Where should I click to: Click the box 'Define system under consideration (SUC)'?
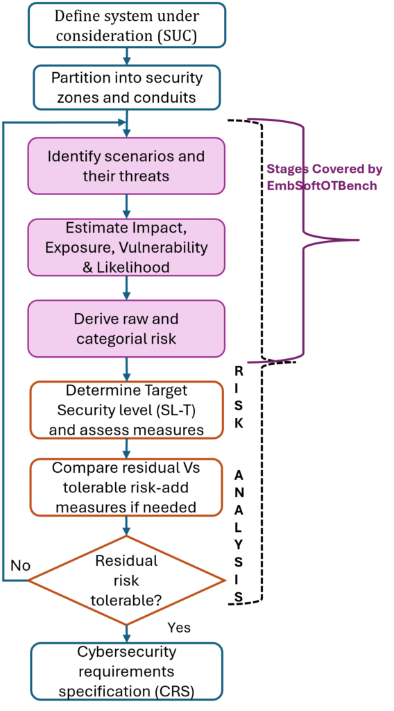coord(126,25)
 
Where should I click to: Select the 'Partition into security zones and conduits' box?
coord(126,87)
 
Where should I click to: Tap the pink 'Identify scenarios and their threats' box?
coord(126,165)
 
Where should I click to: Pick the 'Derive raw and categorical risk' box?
coord(126,328)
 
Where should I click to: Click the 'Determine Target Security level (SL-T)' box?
coord(126,410)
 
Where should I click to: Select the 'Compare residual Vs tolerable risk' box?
coord(126,487)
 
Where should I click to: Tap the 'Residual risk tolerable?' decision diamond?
coord(126,579)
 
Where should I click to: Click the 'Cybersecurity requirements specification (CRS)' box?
coord(126,671)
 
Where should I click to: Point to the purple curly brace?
coord(305,240)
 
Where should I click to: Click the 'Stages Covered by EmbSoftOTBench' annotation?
coord(324,177)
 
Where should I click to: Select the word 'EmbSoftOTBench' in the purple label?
coord(322,185)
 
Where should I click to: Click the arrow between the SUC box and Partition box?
coord(126,56)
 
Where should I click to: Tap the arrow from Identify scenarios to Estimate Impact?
coord(126,206)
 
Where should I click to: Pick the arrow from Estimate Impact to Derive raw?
coord(126,287)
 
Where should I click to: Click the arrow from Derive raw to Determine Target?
coord(126,369)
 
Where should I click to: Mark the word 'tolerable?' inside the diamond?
coord(126,597)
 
